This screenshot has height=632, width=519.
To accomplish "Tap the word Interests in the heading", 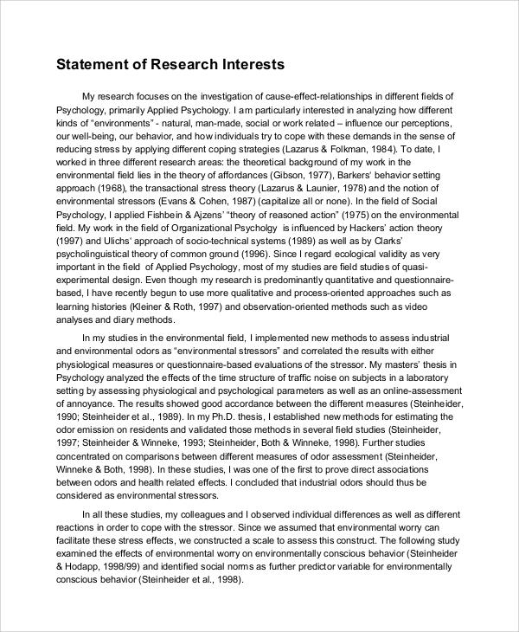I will click(x=249, y=64).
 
